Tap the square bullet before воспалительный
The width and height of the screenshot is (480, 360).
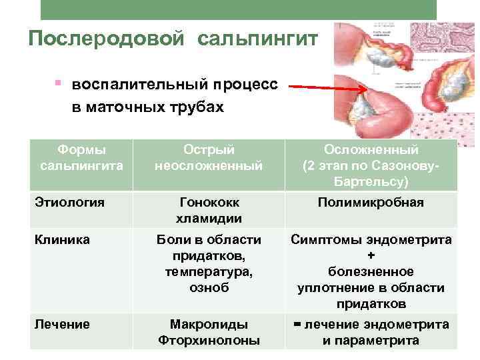59,85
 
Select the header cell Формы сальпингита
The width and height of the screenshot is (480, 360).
82,157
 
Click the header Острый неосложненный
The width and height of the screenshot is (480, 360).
209,157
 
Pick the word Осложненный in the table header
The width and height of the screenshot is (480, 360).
371,150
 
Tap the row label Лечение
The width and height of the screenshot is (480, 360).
63,325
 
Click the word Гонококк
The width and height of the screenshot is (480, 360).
209,203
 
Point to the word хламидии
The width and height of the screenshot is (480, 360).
209,218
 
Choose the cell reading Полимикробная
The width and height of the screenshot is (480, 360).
371,203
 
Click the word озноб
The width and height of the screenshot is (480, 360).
209,288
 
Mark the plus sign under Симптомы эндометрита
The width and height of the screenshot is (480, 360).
371,256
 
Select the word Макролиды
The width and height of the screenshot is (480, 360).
209,325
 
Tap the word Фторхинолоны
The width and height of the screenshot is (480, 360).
209,341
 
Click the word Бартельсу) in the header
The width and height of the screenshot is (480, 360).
371,181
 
